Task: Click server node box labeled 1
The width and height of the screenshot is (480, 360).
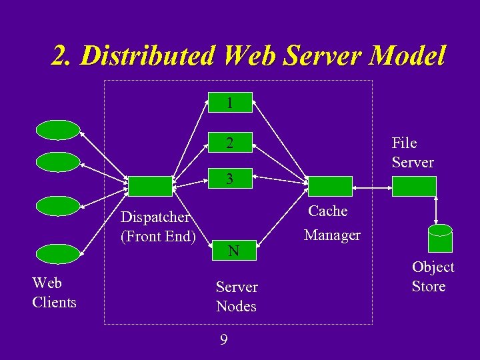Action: click(229, 103)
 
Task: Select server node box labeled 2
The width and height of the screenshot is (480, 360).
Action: click(229, 143)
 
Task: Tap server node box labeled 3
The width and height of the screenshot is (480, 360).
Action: click(229, 179)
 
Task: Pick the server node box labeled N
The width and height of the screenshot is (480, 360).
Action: click(233, 251)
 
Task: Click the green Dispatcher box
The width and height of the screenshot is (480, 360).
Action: click(149, 186)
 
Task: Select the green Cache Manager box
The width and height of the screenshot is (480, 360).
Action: click(329, 186)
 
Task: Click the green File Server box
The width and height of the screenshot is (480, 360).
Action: click(414, 186)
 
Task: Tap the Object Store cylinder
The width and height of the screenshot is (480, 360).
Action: click(440, 238)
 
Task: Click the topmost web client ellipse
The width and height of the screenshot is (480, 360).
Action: click(58, 130)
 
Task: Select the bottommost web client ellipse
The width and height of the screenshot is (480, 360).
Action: click(58, 254)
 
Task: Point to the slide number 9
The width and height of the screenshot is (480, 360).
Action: click(224, 340)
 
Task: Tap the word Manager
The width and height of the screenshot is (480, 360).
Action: click(332, 235)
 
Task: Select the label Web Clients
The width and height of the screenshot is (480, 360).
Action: click(54, 293)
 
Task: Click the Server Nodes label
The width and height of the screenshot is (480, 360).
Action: click(237, 297)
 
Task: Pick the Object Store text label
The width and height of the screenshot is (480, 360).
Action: click(433, 277)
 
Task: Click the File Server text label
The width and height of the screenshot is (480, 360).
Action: click(412, 153)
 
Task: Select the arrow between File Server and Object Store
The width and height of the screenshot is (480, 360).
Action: click(435, 210)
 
